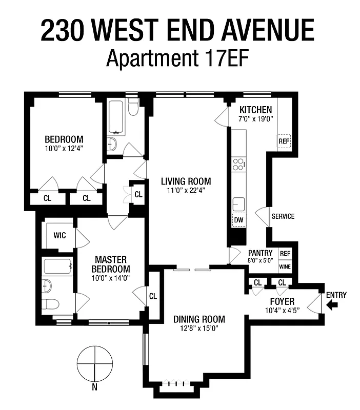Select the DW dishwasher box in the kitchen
[238, 219]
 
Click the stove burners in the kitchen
[238, 165]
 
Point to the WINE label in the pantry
[285, 266]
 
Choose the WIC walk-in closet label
[60, 236]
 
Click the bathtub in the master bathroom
[57, 266]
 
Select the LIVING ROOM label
[186, 181]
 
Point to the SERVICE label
[283, 216]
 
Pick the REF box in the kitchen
[284, 141]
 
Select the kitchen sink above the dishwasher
[238, 203]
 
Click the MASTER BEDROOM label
[111, 264]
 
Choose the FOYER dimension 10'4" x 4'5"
[282, 310]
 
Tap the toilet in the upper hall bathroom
[133, 109]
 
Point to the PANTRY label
[260, 253]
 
